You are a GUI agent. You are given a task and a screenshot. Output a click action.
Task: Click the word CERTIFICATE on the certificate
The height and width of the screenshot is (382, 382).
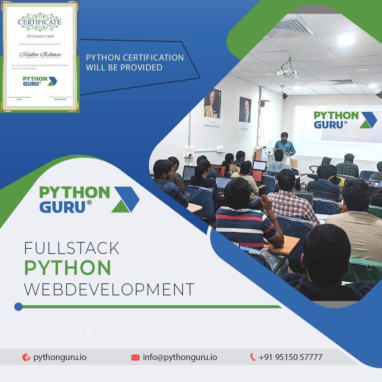[40, 22]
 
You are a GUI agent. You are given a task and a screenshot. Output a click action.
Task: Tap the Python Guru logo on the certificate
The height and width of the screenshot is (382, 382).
[40, 81]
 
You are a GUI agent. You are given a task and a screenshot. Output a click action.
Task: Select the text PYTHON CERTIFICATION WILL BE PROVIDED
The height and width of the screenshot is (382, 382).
[134, 62]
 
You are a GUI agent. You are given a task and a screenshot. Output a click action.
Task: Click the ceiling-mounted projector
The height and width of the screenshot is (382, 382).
[288, 72]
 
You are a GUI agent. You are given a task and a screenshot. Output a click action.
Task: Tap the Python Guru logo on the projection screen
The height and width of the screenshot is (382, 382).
[345, 119]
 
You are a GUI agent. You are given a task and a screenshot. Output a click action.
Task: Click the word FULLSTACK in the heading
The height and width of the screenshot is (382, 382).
[72, 248]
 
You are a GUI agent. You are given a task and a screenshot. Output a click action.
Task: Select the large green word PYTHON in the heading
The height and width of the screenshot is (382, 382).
[68, 268]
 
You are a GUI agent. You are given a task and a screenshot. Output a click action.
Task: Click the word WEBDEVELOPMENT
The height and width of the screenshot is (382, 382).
[109, 289]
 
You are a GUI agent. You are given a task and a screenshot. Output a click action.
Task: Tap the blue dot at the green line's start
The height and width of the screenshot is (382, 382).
[18, 306]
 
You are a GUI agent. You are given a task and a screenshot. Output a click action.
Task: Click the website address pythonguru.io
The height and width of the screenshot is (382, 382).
[60, 357]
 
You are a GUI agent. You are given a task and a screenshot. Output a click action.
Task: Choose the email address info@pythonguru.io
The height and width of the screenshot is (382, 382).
[180, 357]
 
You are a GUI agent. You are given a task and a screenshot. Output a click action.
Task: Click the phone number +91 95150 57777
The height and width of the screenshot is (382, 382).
[290, 357]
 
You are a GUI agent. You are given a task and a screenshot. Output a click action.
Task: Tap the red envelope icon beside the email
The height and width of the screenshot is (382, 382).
[135, 357]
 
